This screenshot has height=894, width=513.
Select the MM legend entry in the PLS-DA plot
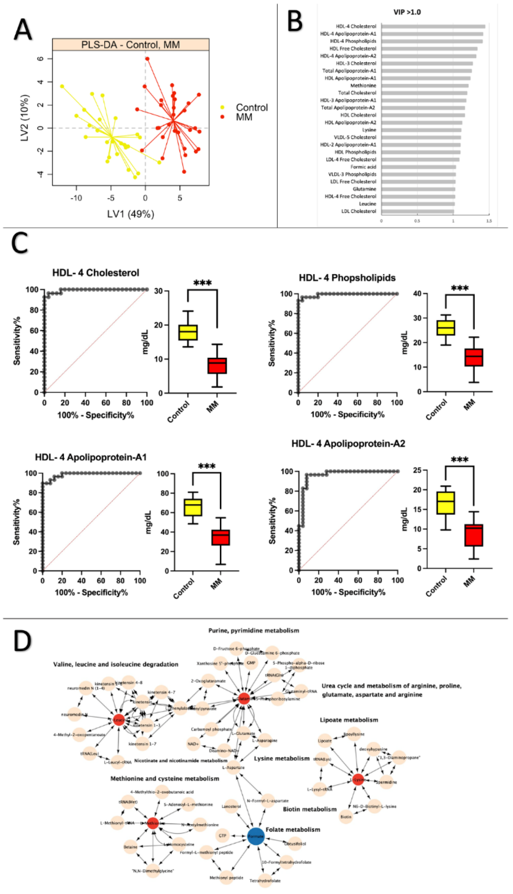pyautogui.click(x=244, y=117)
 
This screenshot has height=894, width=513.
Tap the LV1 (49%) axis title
pyautogui.click(x=131, y=214)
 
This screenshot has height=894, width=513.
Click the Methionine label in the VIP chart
pyautogui.click(x=363, y=86)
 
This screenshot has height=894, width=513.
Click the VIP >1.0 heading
pyautogui.click(x=407, y=12)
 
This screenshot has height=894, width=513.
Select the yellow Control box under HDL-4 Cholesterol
pyautogui.click(x=188, y=332)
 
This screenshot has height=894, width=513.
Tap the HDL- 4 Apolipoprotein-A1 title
pyautogui.click(x=91, y=457)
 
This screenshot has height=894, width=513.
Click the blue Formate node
pyautogui.click(x=256, y=836)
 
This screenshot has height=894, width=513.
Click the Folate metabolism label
pyautogui.click(x=293, y=829)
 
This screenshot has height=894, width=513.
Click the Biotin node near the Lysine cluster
pyautogui.click(x=346, y=816)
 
